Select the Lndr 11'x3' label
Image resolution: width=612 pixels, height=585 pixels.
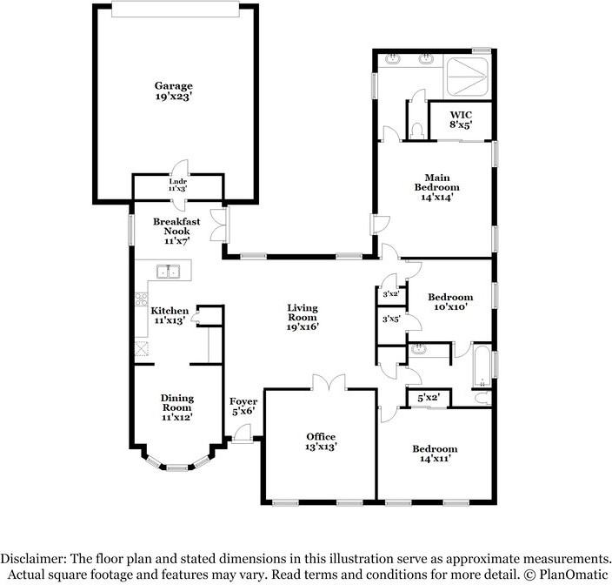[177, 185]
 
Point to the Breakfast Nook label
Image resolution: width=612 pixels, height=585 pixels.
[176, 231]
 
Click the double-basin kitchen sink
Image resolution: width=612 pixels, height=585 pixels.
[167, 272]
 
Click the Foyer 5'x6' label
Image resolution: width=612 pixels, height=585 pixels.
[243, 406]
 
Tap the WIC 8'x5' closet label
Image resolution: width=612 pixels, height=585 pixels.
[461, 119]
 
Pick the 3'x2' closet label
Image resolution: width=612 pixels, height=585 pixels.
[390, 294]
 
